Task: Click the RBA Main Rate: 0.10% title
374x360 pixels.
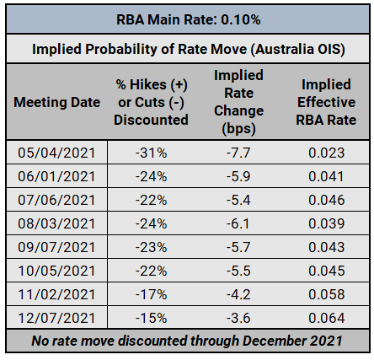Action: click(x=189, y=19)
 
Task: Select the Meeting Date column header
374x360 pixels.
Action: click(x=57, y=102)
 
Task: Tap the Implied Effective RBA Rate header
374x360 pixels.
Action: click(x=326, y=102)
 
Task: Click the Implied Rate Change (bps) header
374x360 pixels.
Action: click(x=238, y=102)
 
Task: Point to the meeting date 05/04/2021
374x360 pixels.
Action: click(x=56, y=153)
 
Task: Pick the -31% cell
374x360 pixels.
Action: click(x=151, y=153)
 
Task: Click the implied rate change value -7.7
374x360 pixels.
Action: click(x=238, y=153)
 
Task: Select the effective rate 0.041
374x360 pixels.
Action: click(x=326, y=176)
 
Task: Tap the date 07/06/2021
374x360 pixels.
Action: click(x=56, y=200)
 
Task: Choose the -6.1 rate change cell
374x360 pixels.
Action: click(x=238, y=223)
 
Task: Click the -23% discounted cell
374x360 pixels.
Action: click(x=151, y=247)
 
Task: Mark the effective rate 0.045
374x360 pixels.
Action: click(x=326, y=271)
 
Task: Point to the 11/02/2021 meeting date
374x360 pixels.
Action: click(x=56, y=294)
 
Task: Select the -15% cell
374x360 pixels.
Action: click(x=151, y=318)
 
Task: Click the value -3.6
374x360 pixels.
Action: click(x=238, y=318)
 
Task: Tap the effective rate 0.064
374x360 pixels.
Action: click(x=326, y=318)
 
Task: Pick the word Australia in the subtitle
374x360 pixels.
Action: click(x=284, y=49)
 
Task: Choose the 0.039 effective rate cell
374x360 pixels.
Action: click(x=326, y=223)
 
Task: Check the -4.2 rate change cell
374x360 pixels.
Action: click(x=238, y=294)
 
